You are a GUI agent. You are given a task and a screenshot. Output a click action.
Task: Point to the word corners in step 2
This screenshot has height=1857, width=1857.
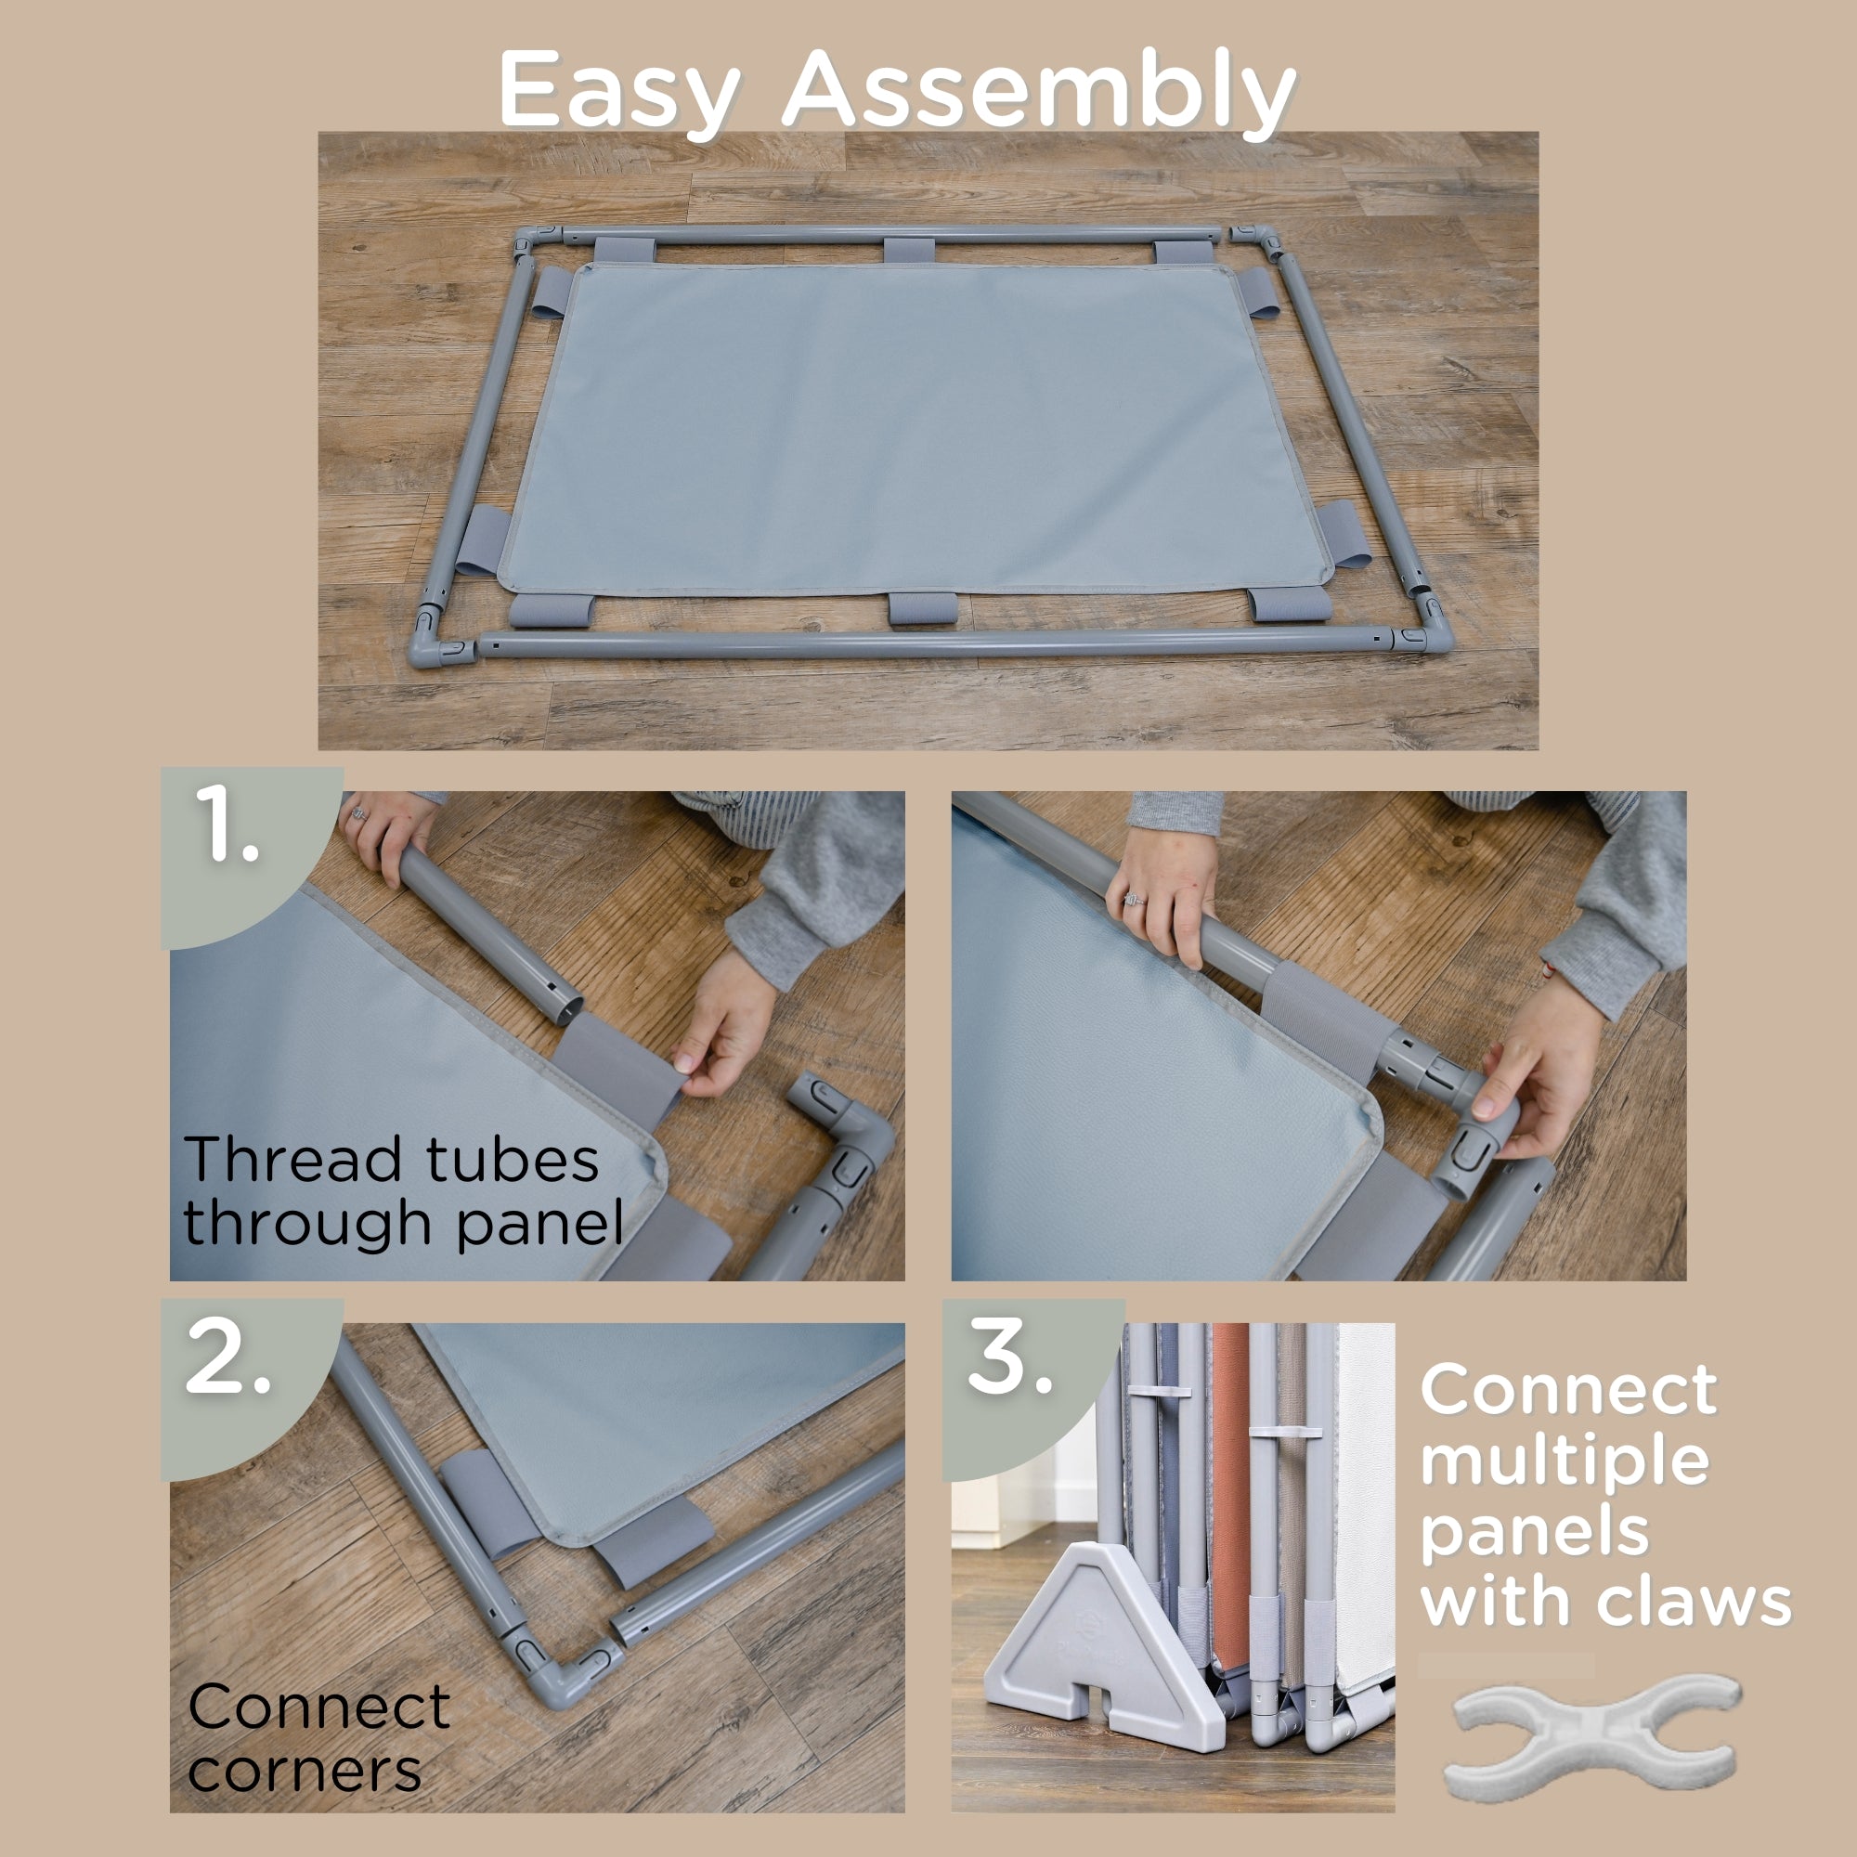pyautogui.click(x=305, y=1771)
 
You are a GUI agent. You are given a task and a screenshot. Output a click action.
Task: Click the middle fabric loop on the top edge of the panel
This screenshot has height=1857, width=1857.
pyautogui.click(x=908, y=252)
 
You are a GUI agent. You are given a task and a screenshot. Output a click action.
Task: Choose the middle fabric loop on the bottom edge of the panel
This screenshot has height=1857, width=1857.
pyautogui.click(x=923, y=608)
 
